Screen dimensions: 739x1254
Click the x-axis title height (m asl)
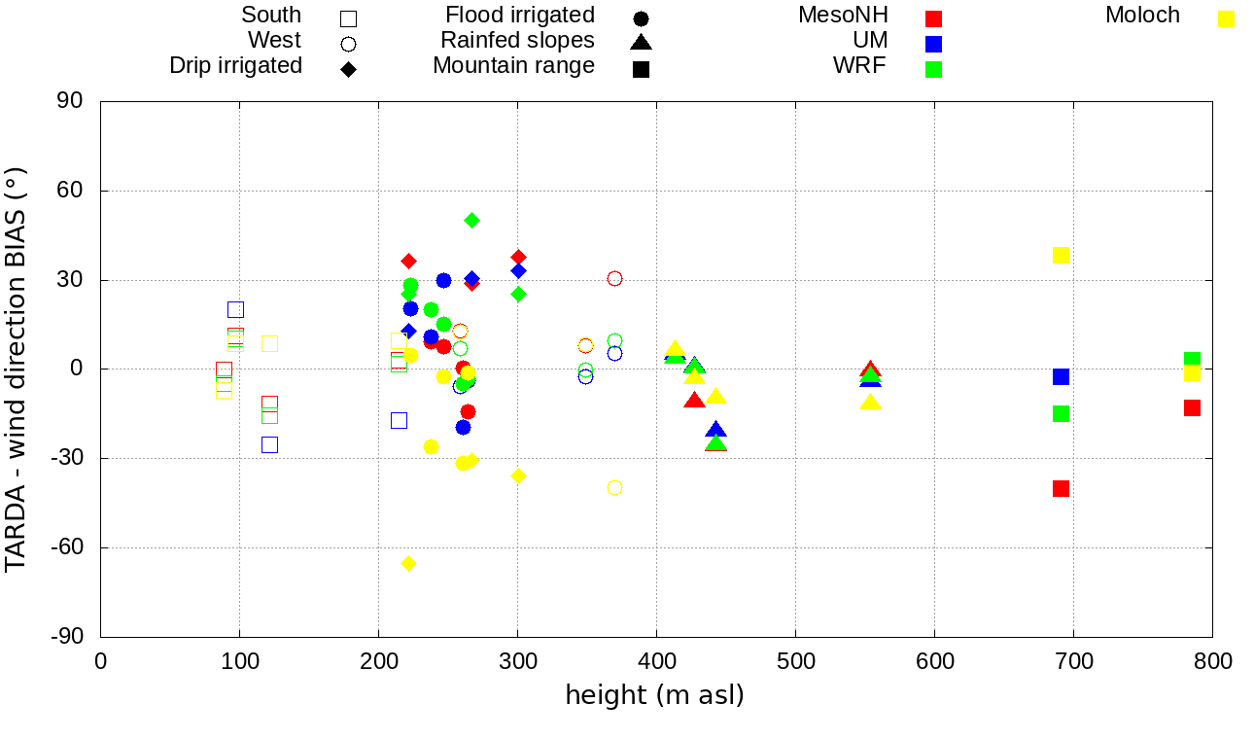pos(654,695)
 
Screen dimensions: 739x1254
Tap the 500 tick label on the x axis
pos(795,662)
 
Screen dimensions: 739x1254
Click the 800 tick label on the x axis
pos(1212,662)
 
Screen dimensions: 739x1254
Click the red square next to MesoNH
pos(933,18)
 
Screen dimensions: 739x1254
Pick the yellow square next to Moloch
pos(1227,18)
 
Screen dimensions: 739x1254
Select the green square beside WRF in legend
pos(933,69)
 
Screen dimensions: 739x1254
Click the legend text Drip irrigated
pos(235,66)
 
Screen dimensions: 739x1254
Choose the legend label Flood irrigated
pos(520,16)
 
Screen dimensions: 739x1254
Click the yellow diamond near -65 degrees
pos(408,564)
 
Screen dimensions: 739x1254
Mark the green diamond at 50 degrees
pos(471,221)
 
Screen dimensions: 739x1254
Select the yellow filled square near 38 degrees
pos(1061,256)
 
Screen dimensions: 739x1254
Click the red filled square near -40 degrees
pos(1061,488)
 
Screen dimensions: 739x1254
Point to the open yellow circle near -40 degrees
pos(614,488)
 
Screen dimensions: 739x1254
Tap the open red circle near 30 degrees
pos(614,279)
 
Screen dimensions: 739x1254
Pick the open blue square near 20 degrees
pos(235,309)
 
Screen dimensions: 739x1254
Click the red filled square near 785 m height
pos(1192,407)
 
